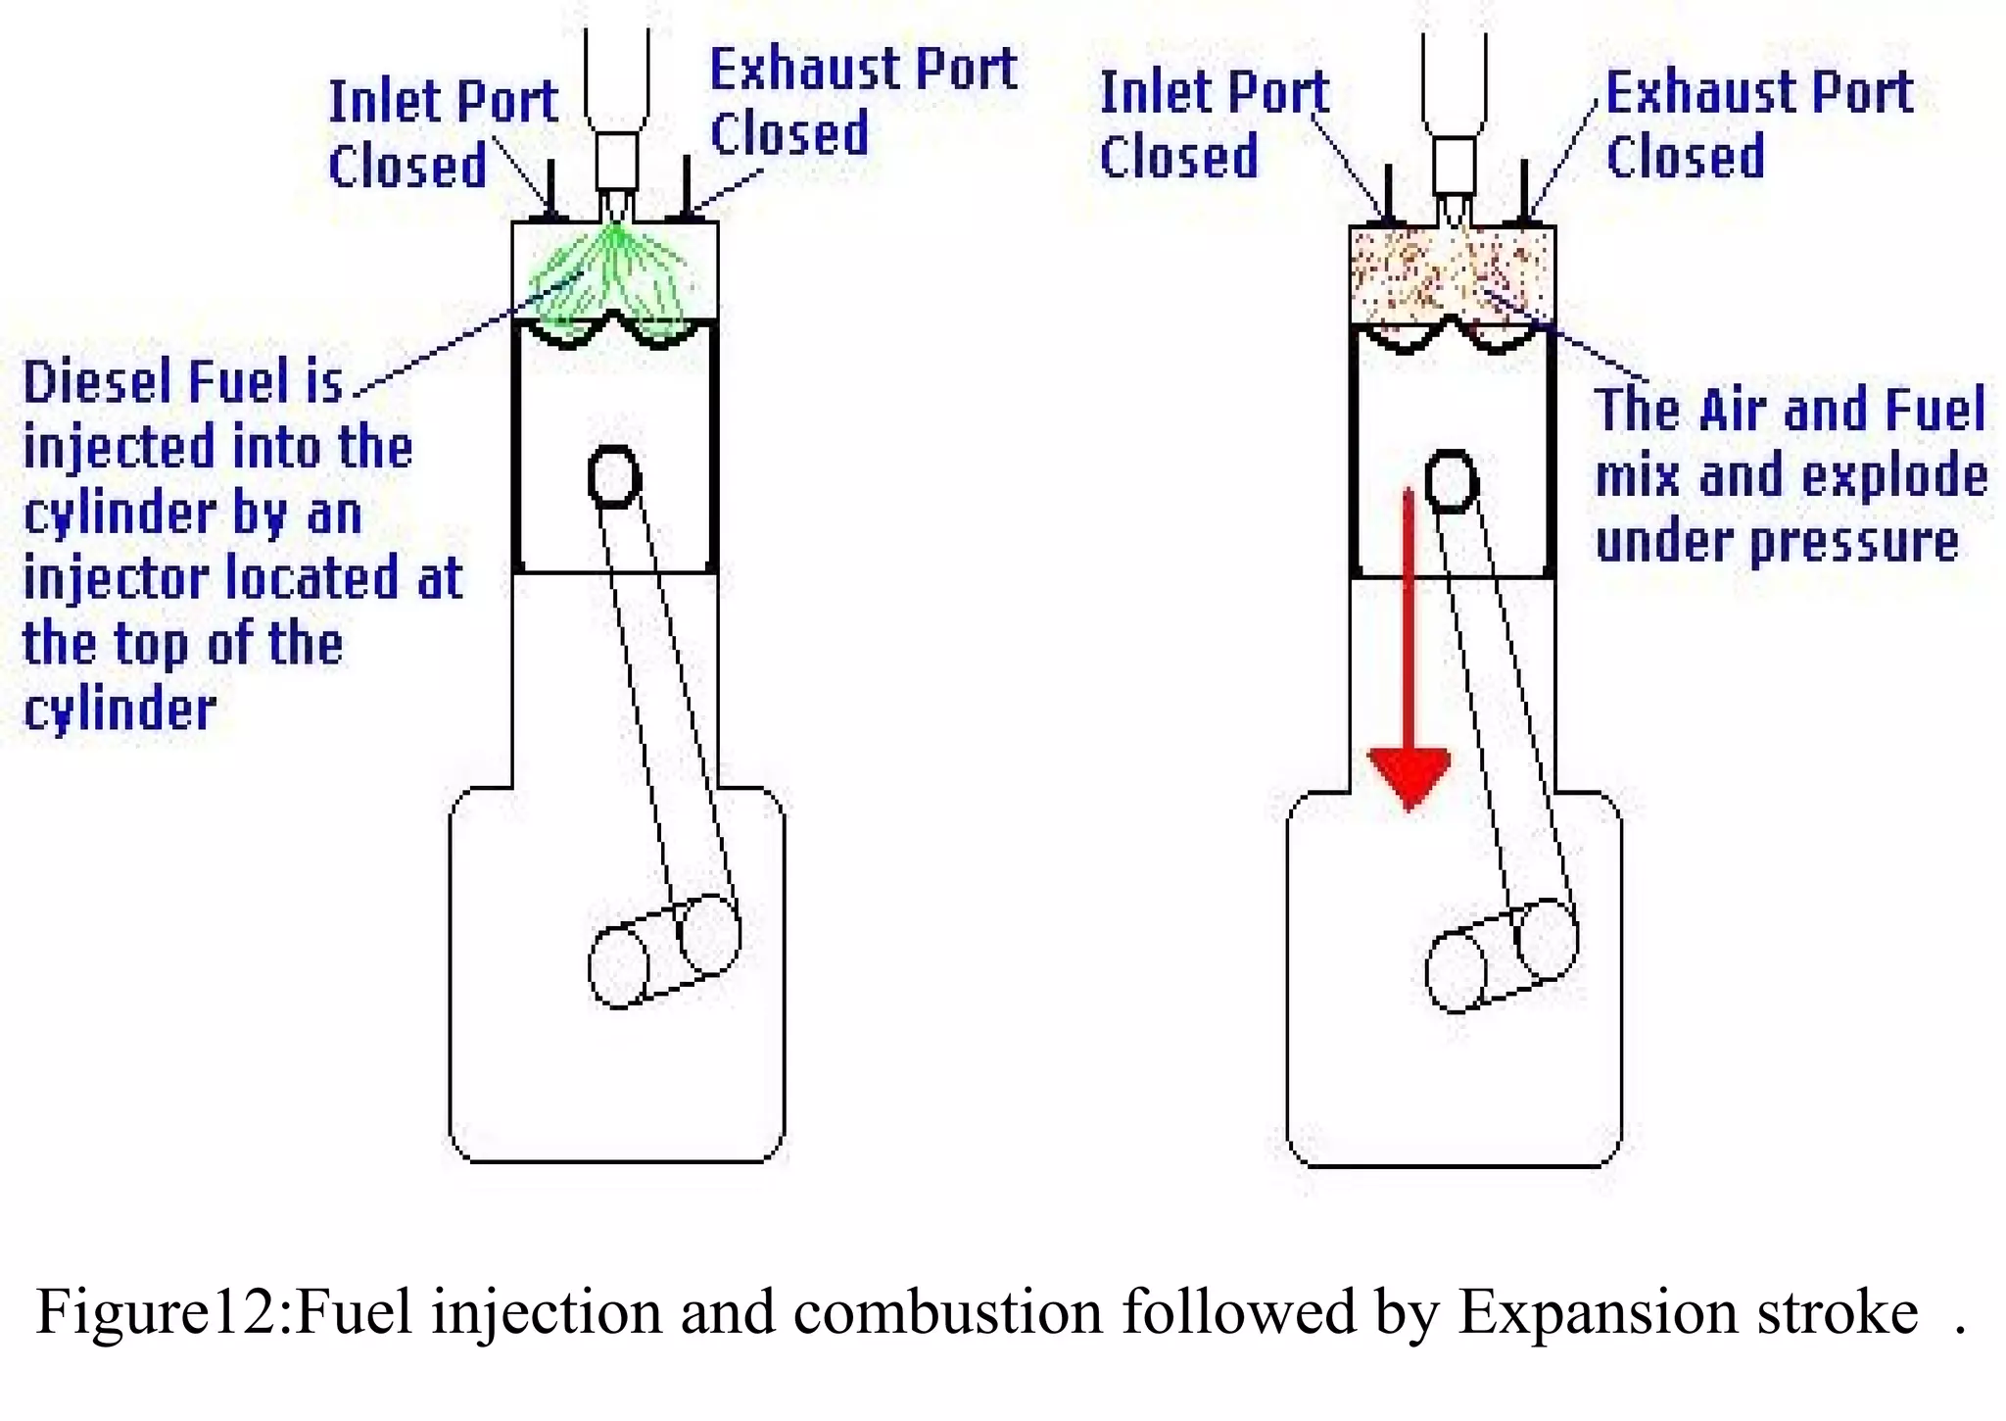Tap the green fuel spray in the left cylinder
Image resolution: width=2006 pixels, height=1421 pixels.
(612, 274)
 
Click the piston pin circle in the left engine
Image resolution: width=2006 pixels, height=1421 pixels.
(614, 477)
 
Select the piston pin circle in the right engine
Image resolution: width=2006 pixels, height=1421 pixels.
(1451, 481)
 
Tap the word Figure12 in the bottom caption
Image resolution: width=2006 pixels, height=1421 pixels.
(160, 1313)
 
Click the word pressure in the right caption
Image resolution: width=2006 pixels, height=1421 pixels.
(1854, 542)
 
